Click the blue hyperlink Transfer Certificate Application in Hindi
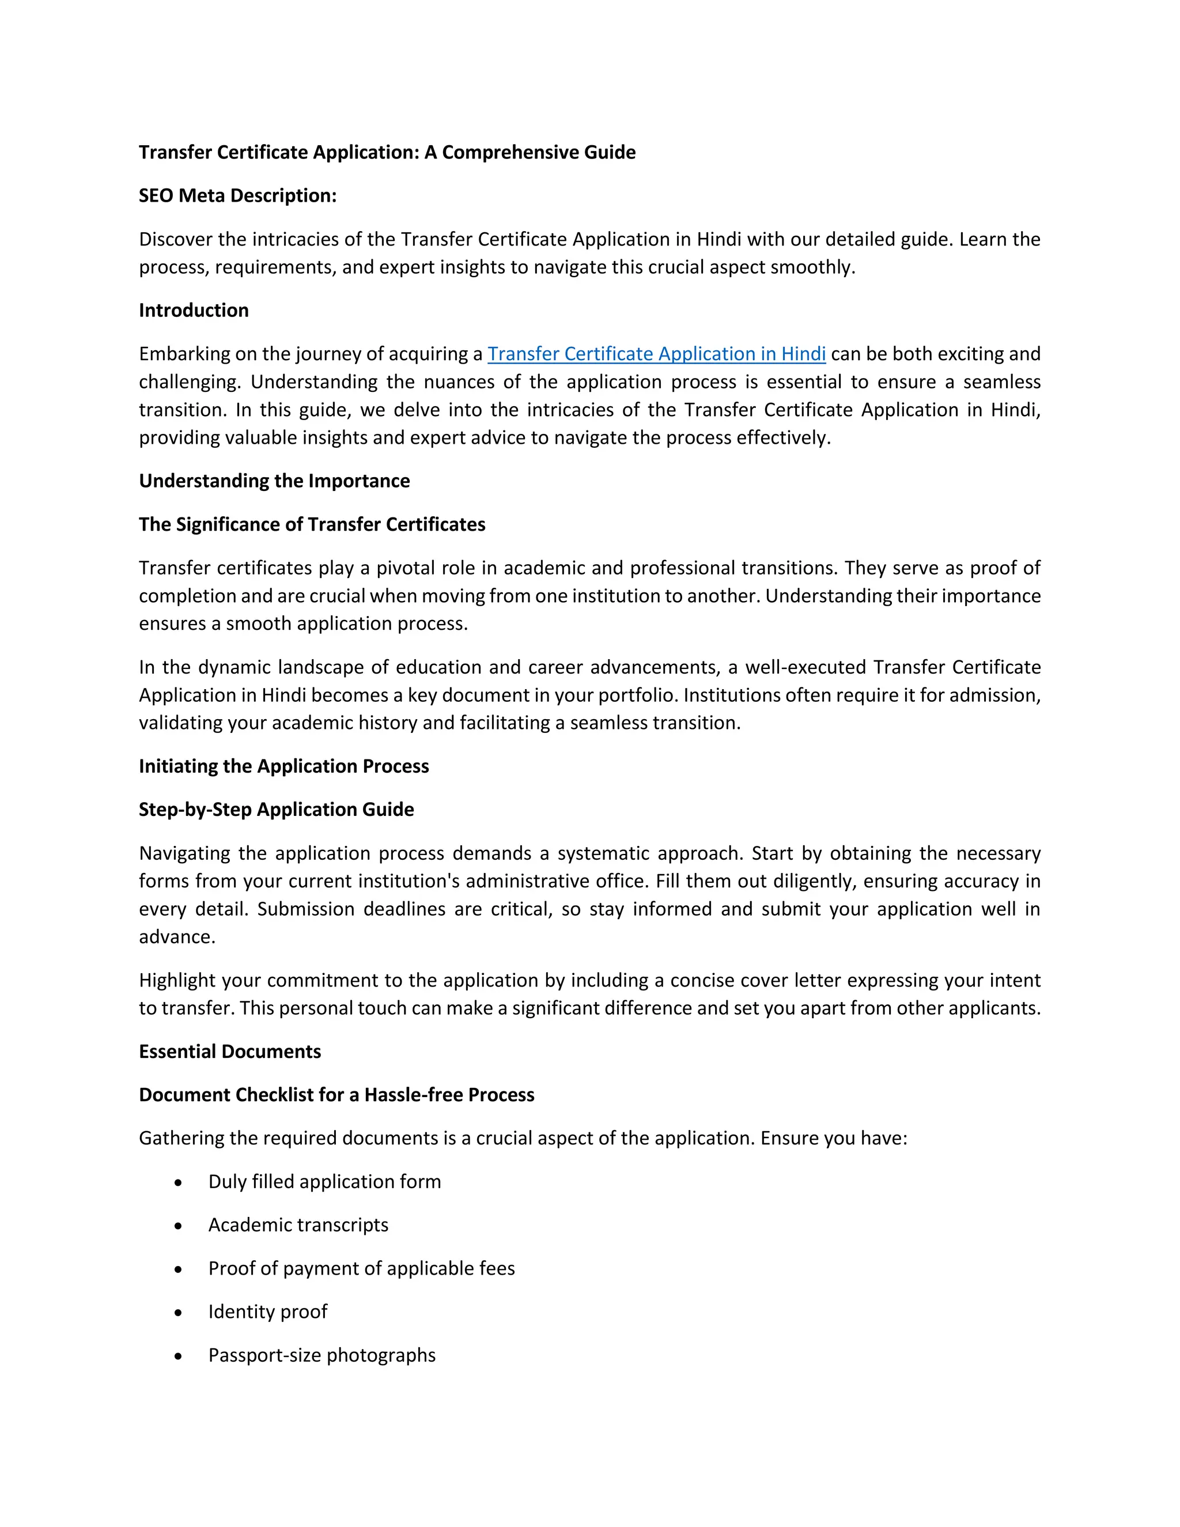656,354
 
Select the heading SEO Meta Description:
238,196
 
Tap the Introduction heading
194,311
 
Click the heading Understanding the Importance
274,481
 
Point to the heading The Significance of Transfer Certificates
312,524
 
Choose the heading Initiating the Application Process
284,766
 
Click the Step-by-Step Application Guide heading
276,810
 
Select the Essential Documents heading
230,1052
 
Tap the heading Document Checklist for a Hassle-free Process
336,1095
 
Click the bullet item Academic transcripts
298,1225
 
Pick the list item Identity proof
268,1311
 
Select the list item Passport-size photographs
322,1355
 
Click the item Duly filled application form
324,1182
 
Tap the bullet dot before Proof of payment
178,1269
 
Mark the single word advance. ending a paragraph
177,937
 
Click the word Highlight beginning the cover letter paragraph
177,980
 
